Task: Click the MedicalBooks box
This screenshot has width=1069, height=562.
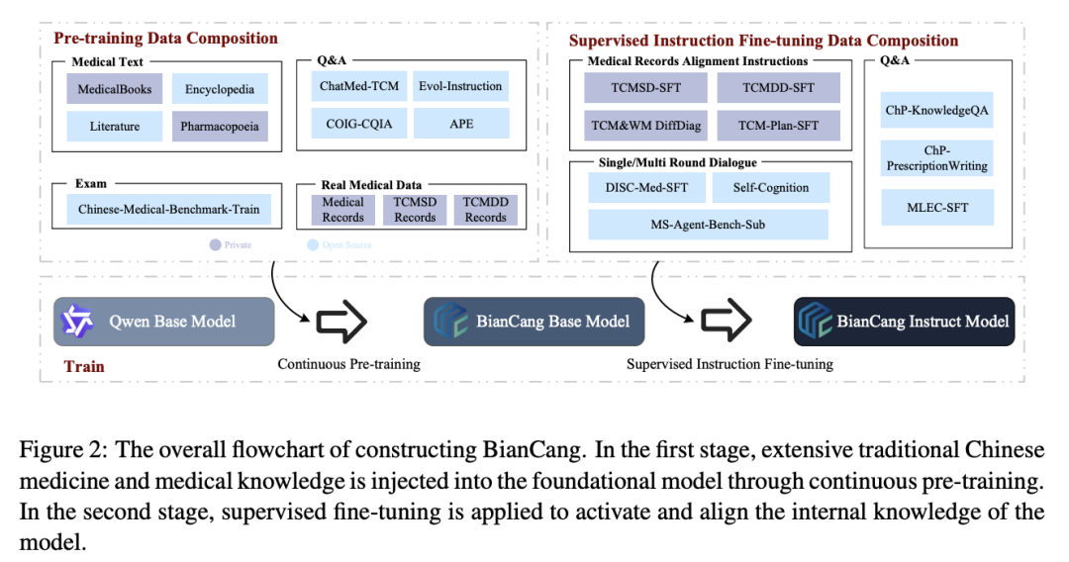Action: tap(115, 89)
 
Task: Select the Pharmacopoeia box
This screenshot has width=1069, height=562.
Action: tap(220, 127)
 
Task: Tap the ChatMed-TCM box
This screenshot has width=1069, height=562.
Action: tap(359, 86)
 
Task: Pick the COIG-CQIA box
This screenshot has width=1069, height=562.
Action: tap(359, 124)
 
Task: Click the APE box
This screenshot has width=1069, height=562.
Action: tap(461, 124)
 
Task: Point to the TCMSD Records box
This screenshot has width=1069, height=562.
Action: tap(415, 209)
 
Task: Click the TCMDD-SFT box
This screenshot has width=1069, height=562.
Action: tap(778, 87)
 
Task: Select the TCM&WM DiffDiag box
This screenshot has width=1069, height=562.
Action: tap(645, 126)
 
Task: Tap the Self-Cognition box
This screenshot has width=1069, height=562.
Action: tap(771, 187)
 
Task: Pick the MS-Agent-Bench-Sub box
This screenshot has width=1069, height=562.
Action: tap(708, 225)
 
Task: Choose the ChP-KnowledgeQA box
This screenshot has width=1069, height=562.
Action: tap(937, 110)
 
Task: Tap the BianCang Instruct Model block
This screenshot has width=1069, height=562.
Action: tap(904, 322)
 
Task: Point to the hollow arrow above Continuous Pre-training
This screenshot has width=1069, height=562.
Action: tap(341, 322)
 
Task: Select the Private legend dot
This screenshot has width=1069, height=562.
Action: tap(214, 244)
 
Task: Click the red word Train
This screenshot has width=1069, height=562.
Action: tap(84, 366)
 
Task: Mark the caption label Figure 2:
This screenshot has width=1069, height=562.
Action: tap(62, 450)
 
